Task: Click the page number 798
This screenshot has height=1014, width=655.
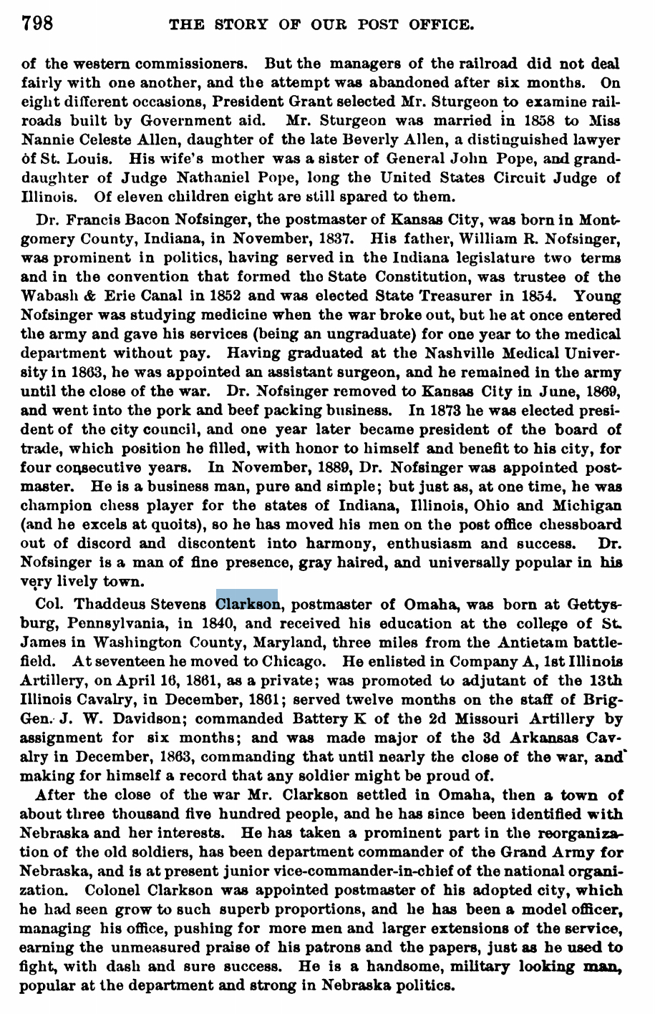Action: click(x=37, y=24)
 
